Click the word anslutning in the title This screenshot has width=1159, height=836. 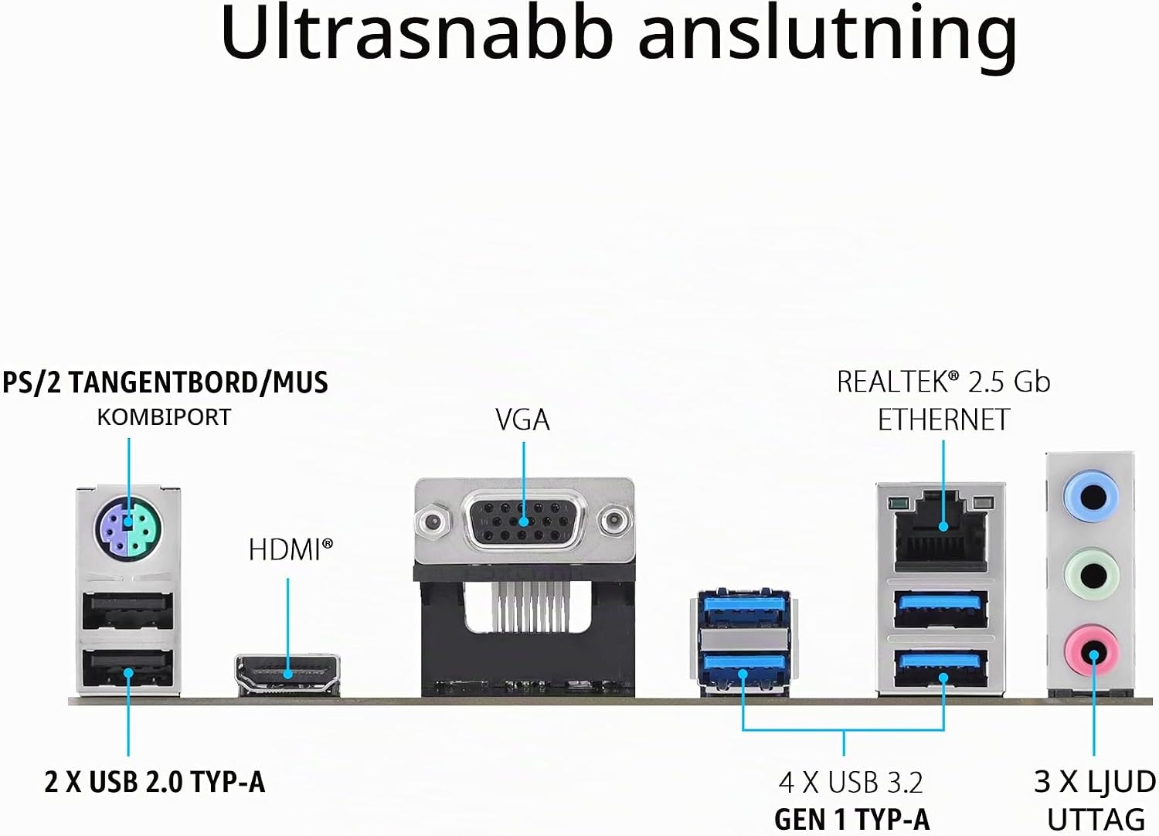(x=828, y=39)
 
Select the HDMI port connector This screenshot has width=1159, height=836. (x=287, y=674)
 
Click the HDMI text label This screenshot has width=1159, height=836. (x=291, y=550)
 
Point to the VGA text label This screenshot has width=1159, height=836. (x=522, y=420)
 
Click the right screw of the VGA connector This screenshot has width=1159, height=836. (x=615, y=520)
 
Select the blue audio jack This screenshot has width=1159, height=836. (x=1090, y=498)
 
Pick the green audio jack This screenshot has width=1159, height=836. (x=1092, y=575)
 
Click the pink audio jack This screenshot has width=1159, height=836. (x=1092, y=651)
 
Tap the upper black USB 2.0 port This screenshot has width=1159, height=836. (x=127, y=611)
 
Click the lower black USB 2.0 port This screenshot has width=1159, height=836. (x=127, y=668)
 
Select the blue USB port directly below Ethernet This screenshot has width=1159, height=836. (x=940, y=610)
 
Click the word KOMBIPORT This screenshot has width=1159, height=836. (x=164, y=417)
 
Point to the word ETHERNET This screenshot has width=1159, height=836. (x=943, y=420)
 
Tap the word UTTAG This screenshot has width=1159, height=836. (x=1096, y=821)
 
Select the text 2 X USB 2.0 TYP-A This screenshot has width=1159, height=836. (x=155, y=782)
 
